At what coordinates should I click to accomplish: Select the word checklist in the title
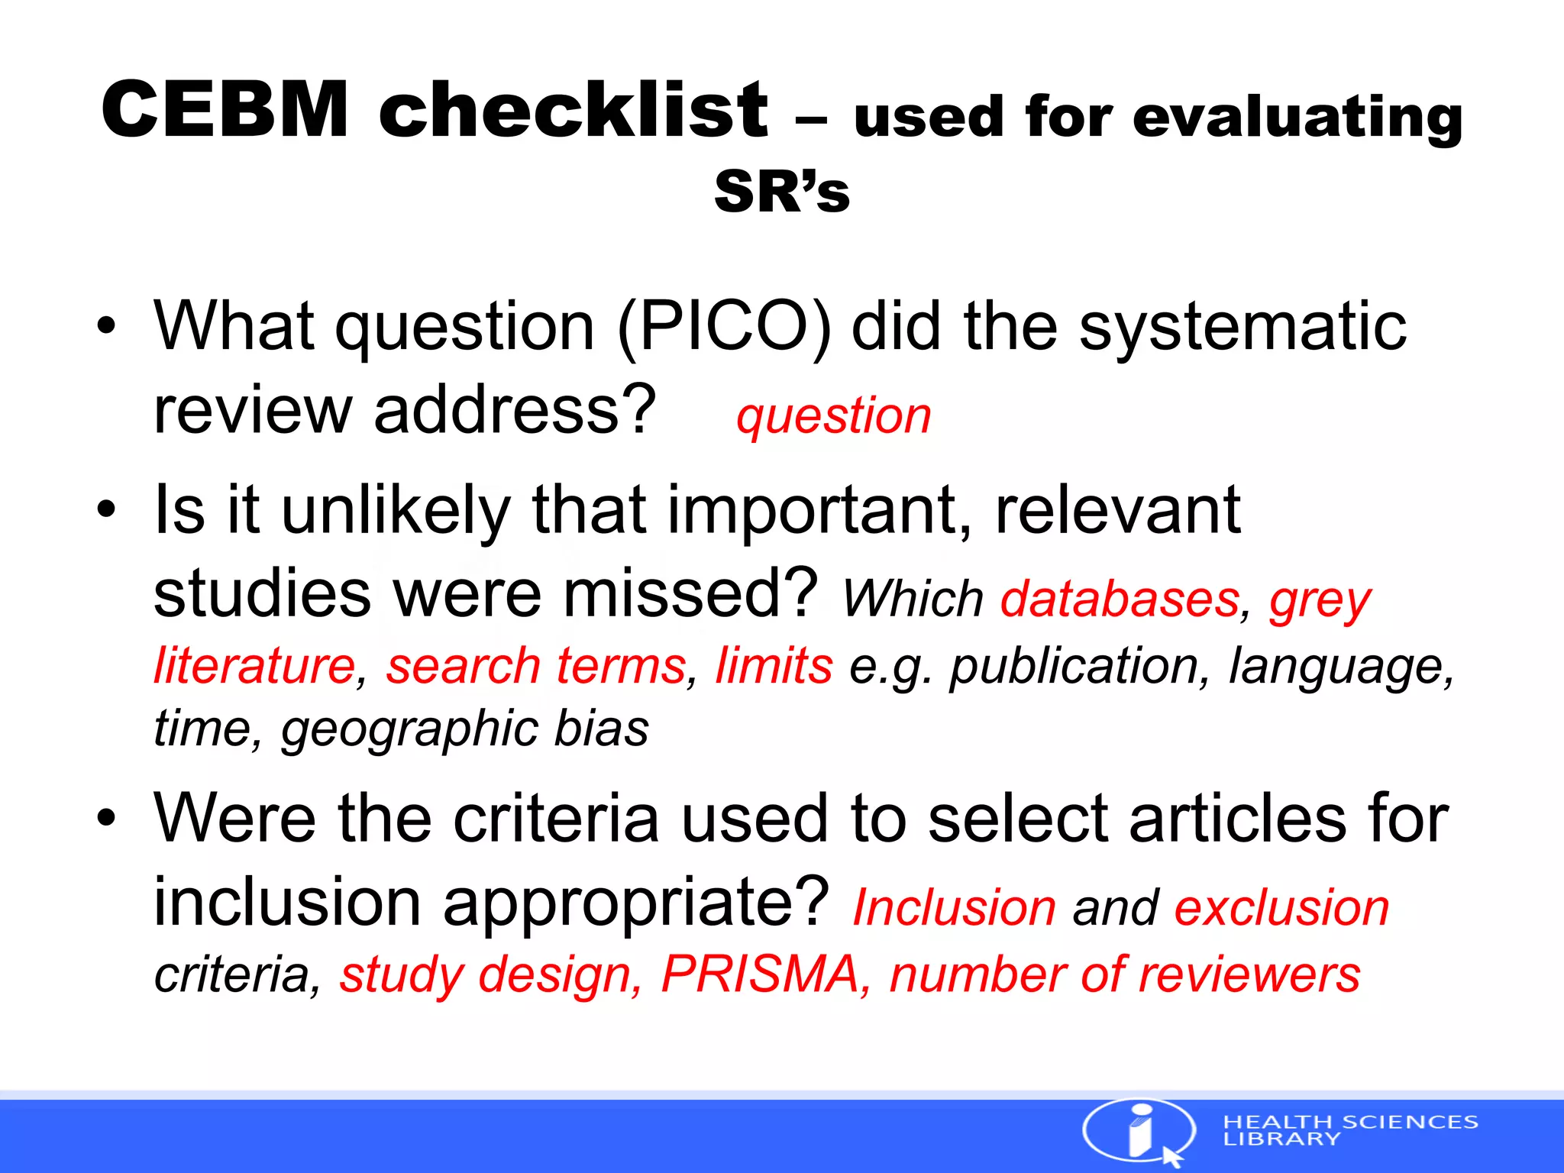574,111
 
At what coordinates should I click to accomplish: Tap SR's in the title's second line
781,192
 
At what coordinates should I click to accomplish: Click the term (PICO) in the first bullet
724,327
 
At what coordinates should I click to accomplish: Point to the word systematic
1242,327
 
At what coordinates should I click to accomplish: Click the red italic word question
833,417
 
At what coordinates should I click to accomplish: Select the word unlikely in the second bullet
396,510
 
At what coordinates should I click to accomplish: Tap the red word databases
1120,599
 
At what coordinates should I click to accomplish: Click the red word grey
1320,600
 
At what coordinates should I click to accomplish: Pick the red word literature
254,665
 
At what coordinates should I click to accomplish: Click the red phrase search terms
536,665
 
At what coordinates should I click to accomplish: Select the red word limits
774,665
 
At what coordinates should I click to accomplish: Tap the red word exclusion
1281,908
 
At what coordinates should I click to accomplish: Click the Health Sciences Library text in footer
1349,1130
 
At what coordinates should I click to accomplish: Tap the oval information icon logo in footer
1139,1131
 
